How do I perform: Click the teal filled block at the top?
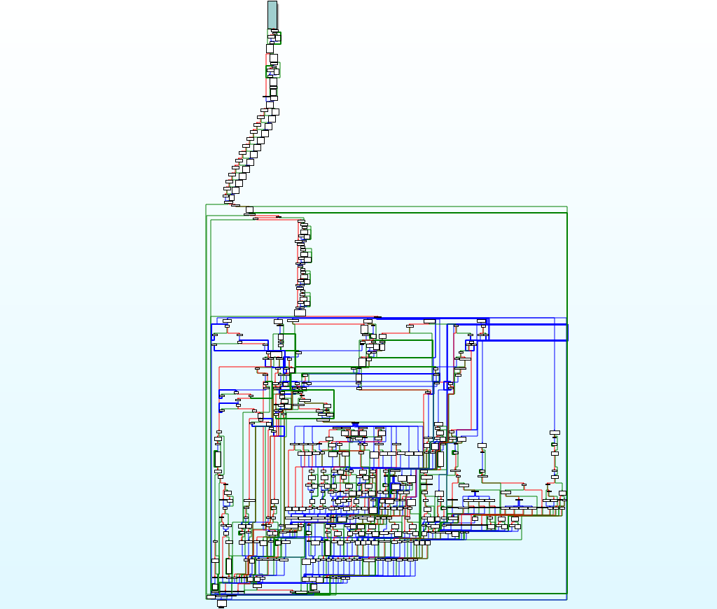click(x=272, y=15)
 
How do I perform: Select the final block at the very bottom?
click(x=222, y=602)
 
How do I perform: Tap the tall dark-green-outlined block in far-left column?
click(x=218, y=459)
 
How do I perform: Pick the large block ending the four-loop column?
click(x=300, y=312)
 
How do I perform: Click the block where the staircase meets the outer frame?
click(x=249, y=209)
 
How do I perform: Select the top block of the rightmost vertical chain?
click(x=555, y=433)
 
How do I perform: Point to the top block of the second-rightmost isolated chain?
click(x=482, y=444)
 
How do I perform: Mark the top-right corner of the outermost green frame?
click(x=566, y=207)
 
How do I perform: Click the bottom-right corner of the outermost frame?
click(x=566, y=598)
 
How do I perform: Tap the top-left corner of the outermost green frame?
click(x=206, y=206)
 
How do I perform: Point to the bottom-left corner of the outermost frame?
click(x=207, y=598)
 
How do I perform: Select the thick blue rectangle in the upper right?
click(x=527, y=332)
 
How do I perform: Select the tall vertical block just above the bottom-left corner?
click(x=228, y=566)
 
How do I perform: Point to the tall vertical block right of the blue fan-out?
click(x=440, y=459)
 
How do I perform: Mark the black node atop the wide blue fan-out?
click(x=355, y=423)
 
